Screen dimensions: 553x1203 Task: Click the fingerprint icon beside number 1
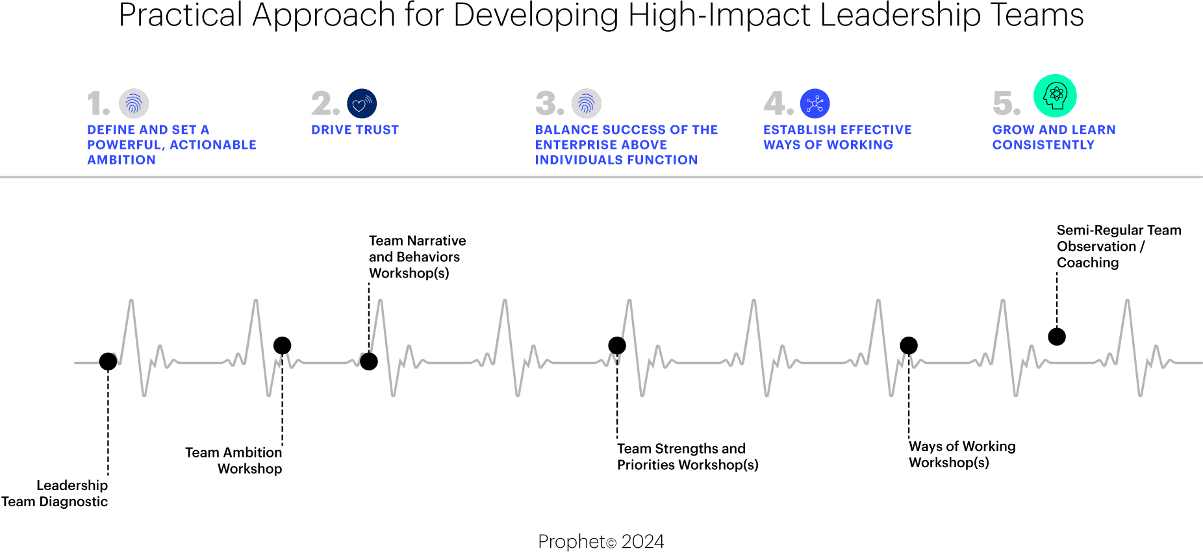click(x=134, y=104)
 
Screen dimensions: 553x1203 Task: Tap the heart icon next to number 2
click(x=362, y=104)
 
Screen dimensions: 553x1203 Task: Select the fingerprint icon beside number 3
click(x=586, y=104)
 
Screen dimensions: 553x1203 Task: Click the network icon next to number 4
click(x=815, y=104)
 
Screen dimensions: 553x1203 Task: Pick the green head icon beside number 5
click(x=1055, y=96)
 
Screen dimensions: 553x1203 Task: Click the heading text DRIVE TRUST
click(x=355, y=130)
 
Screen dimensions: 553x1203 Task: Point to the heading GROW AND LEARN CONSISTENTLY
click(x=1054, y=137)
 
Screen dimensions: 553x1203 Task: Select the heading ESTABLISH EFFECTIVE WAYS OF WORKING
click(x=837, y=137)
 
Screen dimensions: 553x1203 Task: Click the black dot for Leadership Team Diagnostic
click(x=108, y=361)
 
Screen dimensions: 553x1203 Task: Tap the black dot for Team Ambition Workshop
click(x=282, y=345)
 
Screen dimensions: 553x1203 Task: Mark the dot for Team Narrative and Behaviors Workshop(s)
click(x=369, y=361)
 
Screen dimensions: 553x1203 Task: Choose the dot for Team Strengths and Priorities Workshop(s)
click(x=617, y=345)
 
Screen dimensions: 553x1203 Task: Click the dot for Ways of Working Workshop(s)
click(x=909, y=345)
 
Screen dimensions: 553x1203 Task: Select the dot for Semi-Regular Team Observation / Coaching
click(x=1057, y=337)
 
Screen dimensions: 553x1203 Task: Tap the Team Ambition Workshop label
click(x=234, y=460)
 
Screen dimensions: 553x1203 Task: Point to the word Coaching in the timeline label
click(x=1087, y=263)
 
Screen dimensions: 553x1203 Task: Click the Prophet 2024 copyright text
click(x=601, y=541)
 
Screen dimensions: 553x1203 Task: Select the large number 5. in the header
click(x=1006, y=104)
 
